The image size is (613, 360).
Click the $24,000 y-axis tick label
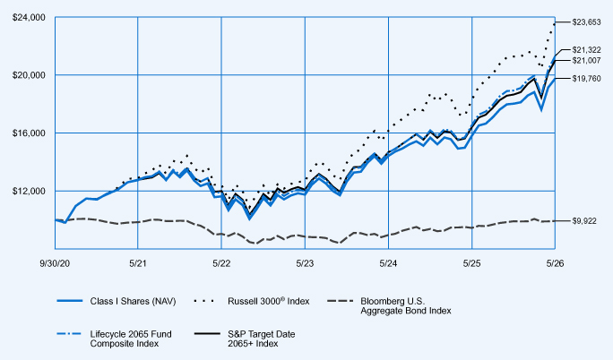point(29,18)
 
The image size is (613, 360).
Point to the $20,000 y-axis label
point(29,75)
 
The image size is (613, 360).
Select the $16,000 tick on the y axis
point(29,133)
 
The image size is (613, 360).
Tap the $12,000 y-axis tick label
point(29,191)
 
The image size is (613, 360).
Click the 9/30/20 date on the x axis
point(55,263)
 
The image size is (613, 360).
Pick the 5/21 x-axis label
point(138,263)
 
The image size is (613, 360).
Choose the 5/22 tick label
point(221,263)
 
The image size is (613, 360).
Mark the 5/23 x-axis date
point(305,263)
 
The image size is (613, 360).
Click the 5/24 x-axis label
point(388,263)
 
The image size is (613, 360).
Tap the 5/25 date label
point(472,263)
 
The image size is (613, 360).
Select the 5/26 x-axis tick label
point(555,263)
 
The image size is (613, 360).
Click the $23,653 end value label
point(586,22)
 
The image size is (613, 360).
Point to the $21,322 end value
point(586,50)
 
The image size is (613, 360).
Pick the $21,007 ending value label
point(586,61)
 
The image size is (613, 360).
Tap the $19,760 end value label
point(586,79)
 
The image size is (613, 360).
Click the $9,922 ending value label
point(584,221)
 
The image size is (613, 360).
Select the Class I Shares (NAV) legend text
point(133,302)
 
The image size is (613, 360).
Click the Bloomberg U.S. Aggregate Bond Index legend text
point(406,306)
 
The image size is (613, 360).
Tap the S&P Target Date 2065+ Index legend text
point(261,339)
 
